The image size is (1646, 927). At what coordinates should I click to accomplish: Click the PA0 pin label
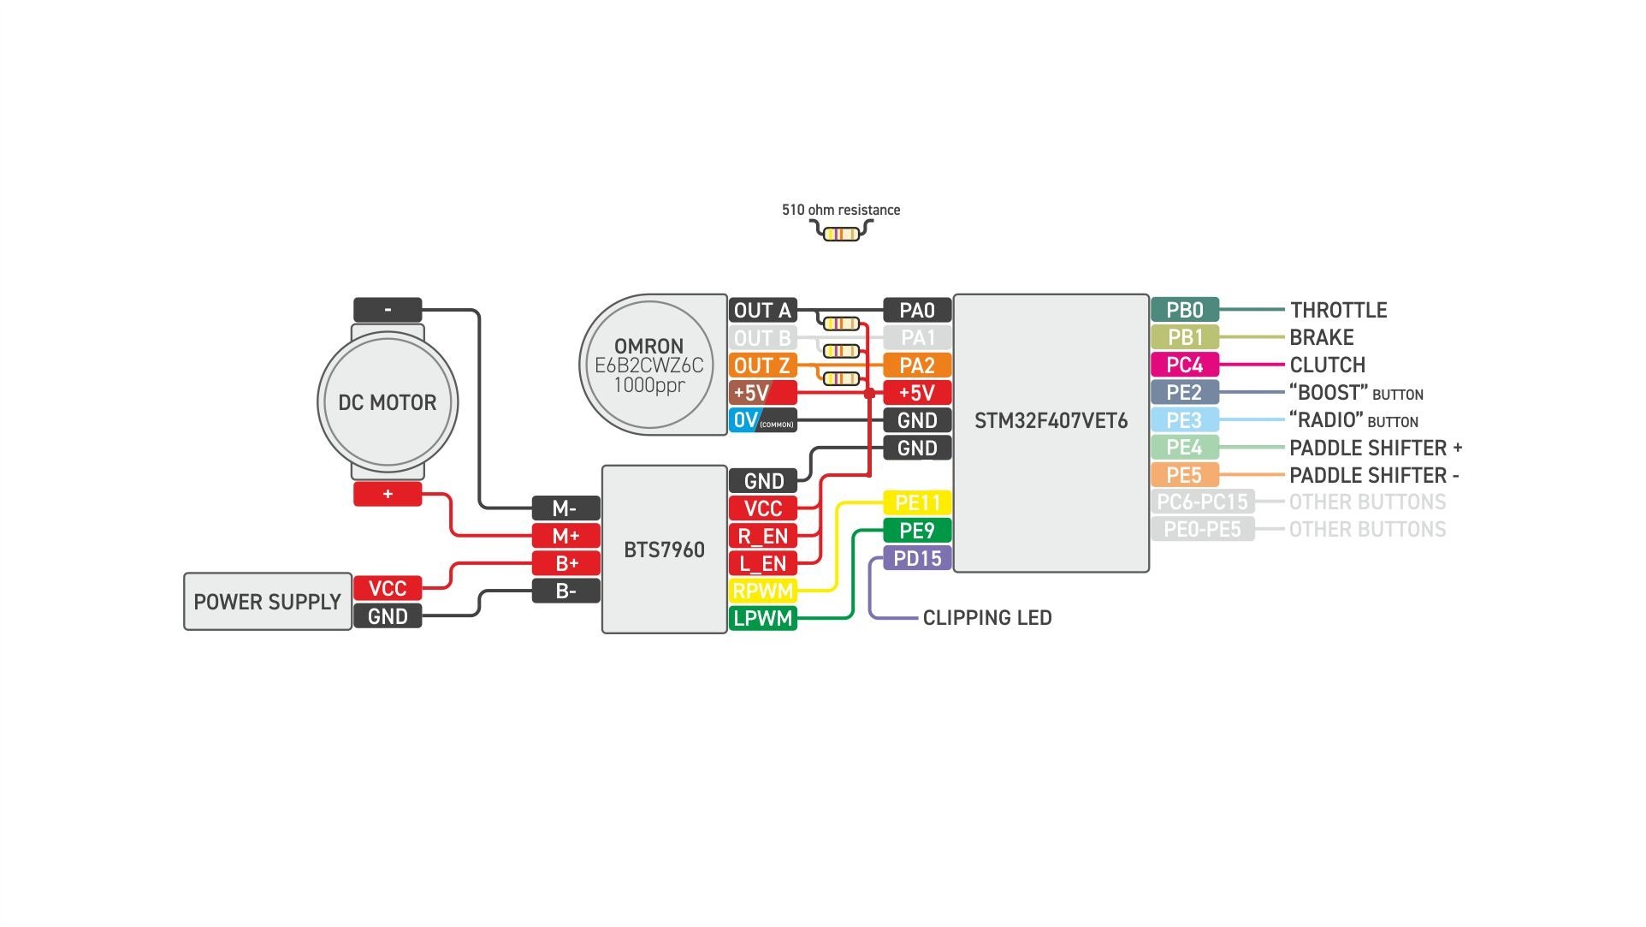point(916,310)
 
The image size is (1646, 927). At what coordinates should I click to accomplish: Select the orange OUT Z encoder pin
point(761,365)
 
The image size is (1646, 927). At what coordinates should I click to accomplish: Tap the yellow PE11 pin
point(916,502)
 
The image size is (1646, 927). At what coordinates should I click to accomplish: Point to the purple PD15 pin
point(916,559)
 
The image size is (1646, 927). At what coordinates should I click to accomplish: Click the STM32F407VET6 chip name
point(1051,421)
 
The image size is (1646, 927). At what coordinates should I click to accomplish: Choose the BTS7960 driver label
point(664,550)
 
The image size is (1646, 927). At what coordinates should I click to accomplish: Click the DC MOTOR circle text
point(387,402)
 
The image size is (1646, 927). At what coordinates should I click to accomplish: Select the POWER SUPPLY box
point(267,602)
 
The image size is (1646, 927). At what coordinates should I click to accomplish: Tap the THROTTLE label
point(1338,310)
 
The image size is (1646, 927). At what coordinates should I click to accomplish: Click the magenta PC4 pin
point(1184,365)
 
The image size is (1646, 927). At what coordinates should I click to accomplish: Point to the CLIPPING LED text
point(986,618)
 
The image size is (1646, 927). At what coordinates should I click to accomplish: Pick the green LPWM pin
point(762,618)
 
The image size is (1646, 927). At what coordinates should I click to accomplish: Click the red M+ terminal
point(565,536)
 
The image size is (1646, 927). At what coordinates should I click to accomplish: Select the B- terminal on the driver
point(565,591)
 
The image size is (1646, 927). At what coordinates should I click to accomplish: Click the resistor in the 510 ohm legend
point(841,234)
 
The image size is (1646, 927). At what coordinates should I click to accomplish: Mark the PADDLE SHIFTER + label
point(1375,448)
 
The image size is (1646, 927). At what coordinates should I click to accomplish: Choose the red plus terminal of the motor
point(388,494)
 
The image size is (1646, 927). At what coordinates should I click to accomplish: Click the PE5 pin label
point(1184,475)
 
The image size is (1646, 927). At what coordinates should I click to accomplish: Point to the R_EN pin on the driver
point(762,537)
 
